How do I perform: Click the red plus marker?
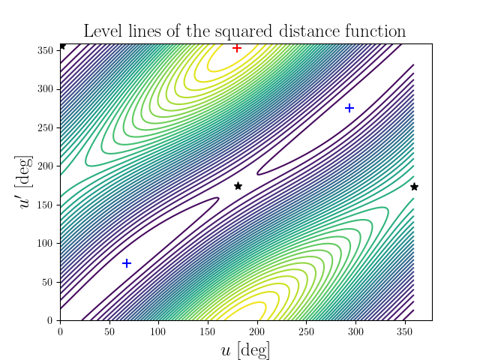(237, 48)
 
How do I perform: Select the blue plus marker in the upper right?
(349, 108)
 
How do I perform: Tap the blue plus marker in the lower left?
(127, 263)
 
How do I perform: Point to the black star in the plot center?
(238, 186)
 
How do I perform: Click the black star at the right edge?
(414, 187)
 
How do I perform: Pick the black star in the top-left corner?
(62, 46)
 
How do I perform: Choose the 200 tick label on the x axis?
(257, 331)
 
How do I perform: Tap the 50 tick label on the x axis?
(109, 331)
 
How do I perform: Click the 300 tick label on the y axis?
(45, 88)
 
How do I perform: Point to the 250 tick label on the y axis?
(45, 127)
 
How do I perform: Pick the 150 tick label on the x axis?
(208, 331)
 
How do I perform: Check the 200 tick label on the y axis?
(45, 166)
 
